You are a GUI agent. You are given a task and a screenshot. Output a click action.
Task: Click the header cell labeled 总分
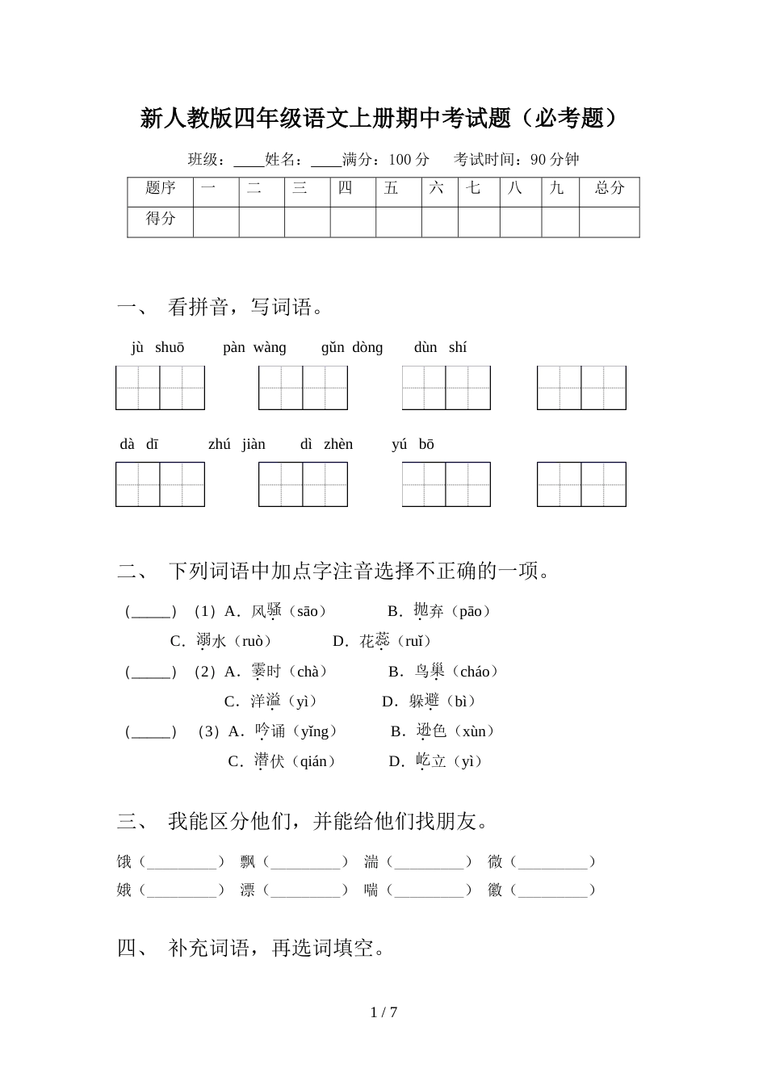coord(610,188)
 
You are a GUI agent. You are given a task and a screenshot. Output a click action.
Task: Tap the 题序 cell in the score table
coord(160,188)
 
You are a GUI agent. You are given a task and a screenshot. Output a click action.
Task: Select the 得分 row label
coord(160,218)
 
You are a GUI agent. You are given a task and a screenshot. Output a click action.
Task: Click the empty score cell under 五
coord(398,222)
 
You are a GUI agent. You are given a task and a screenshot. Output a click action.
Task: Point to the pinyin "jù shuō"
coord(157,348)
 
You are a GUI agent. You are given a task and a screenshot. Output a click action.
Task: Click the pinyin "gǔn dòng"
coord(352,348)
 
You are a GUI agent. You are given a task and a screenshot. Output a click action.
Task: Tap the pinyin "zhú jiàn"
coord(237,445)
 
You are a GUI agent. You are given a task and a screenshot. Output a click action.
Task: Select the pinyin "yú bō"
coord(413,445)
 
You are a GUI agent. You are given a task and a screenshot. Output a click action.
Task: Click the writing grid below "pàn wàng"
coord(303,387)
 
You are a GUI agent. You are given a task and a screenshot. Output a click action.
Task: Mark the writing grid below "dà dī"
coord(160,484)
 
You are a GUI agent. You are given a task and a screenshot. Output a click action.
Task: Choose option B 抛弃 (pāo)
coord(439,611)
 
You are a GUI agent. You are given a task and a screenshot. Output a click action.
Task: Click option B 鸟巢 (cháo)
coord(443,672)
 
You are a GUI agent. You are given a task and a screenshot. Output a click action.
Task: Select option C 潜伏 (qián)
coord(282,761)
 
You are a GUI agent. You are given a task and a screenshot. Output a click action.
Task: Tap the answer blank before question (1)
coord(151,612)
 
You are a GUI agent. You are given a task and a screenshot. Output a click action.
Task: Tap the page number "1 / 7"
coord(383,1012)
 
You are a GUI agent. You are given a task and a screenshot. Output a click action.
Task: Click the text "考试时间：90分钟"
coord(517,160)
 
